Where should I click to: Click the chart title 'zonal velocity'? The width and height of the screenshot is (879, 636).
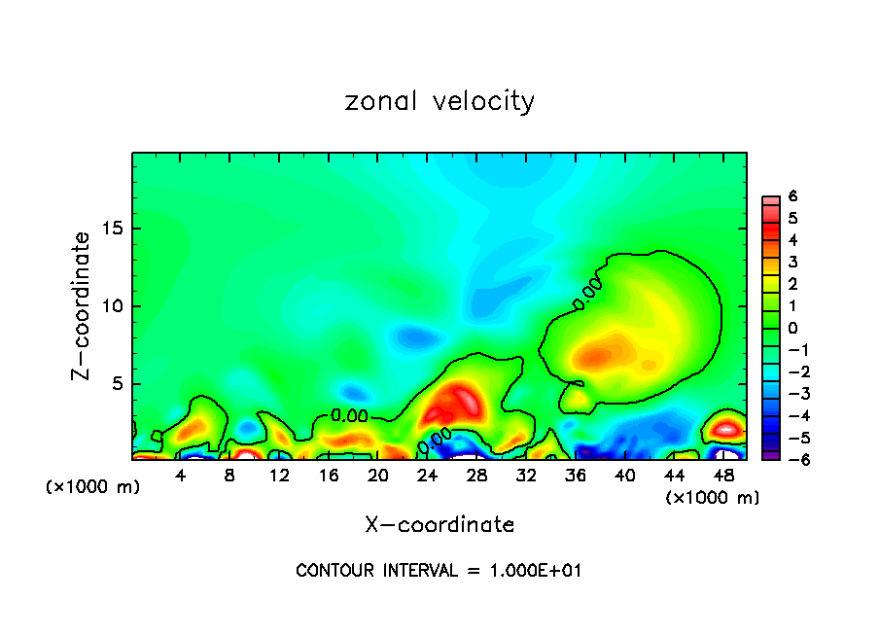pyautogui.click(x=439, y=101)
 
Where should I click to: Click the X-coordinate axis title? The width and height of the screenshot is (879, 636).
pyautogui.click(x=439, y=525)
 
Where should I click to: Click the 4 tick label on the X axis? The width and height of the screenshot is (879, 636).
pyautogui.click(x=181, y=476)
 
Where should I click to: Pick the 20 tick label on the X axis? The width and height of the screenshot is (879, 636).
pyautogui.click(x=378, y=476)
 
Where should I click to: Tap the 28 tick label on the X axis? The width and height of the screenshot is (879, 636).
pyautogui.click(x=476, y=476)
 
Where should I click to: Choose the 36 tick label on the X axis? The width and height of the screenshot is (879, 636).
pyautogui.click(x=576, y=476)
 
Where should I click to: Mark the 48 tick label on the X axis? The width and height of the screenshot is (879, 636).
pyautogui.click(x=722, y=476)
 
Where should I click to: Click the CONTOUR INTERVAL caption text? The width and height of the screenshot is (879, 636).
pyautogui.click(x=439, y=571)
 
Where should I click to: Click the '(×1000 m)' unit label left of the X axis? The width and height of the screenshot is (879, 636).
pyautogui.click(x=93, y=487)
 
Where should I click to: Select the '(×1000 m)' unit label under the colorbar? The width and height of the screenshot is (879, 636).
pyautogui.click(x=713, y=497)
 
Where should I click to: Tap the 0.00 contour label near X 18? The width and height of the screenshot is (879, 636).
pyautogui.click(x=349, y=415)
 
